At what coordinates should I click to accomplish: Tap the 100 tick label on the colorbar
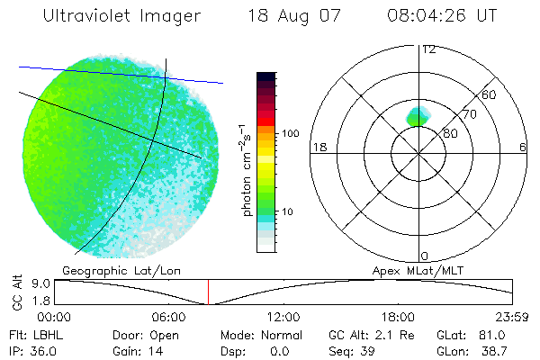(289, 133)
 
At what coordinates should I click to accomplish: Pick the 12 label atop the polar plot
(428, 49)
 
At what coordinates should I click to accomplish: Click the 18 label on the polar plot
(318, 147)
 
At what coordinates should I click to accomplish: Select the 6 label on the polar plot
(523, 147)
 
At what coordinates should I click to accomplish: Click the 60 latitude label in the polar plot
(490, 94)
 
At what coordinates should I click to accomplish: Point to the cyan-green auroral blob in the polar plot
(417, 115)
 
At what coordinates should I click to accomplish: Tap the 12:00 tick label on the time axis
(283, 317)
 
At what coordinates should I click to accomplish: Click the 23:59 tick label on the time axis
(512, 317)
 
